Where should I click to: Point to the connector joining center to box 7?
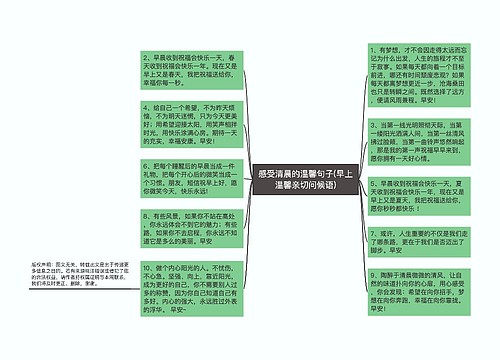coord(363,222)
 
